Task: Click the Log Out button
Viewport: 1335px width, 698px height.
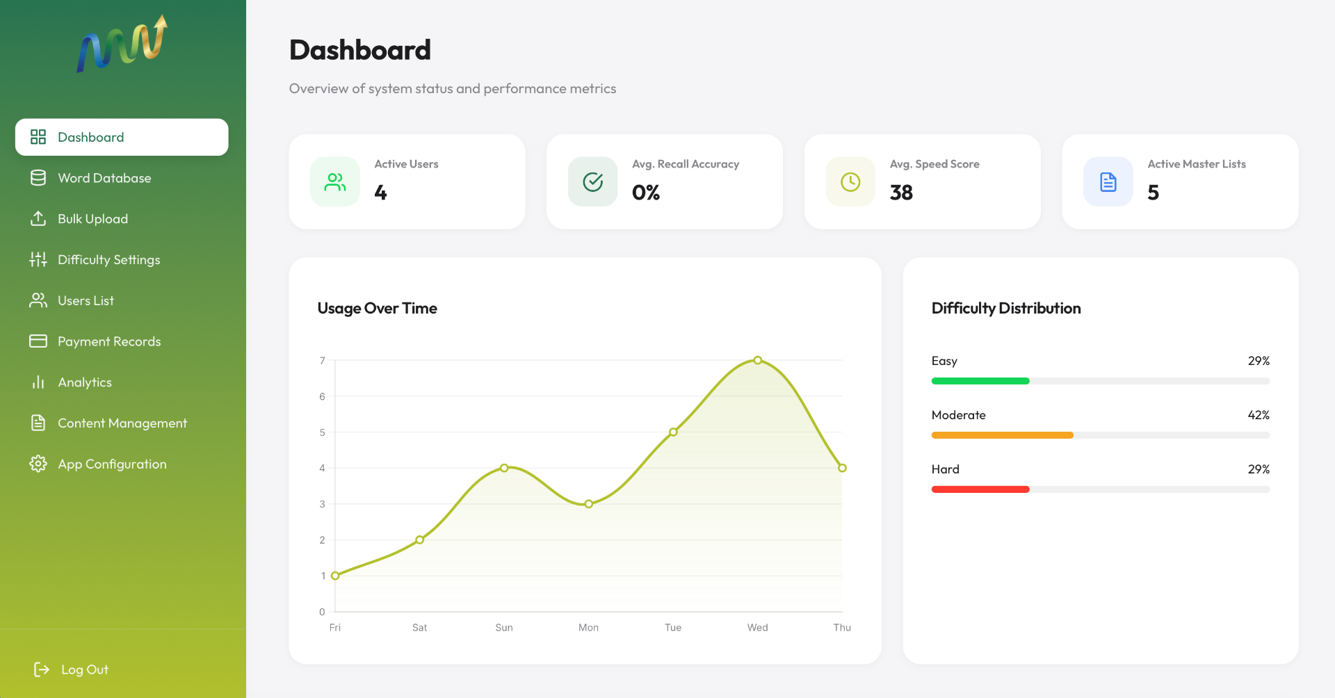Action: [x=71, y=669]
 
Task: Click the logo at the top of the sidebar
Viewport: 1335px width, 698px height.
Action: [x=122, y=44]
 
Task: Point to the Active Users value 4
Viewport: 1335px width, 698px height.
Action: [x=380, y=193]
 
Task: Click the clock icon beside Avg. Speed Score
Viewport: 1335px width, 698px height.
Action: [x=850, y=182]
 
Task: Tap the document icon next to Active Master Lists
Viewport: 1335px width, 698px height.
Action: [x=1108, y=182]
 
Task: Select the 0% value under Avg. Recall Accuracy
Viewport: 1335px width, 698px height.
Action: [x=646, y=193]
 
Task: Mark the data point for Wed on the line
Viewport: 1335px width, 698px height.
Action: [x=758, y=360]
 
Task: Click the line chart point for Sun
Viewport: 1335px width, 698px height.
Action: [x=504, y=468]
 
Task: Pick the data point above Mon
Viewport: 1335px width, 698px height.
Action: [x=589, y=504]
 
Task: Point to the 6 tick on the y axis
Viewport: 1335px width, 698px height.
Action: [x=322, y=396]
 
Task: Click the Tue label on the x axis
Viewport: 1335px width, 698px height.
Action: [x=673, y=627]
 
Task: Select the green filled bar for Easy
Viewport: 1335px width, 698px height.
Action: [x=980, y=381]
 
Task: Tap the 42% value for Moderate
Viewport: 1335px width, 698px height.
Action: [x=1259, y=415]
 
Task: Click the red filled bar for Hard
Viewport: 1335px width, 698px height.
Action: [x=980, y=489]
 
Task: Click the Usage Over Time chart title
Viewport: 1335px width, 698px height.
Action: [x=378, y=308]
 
